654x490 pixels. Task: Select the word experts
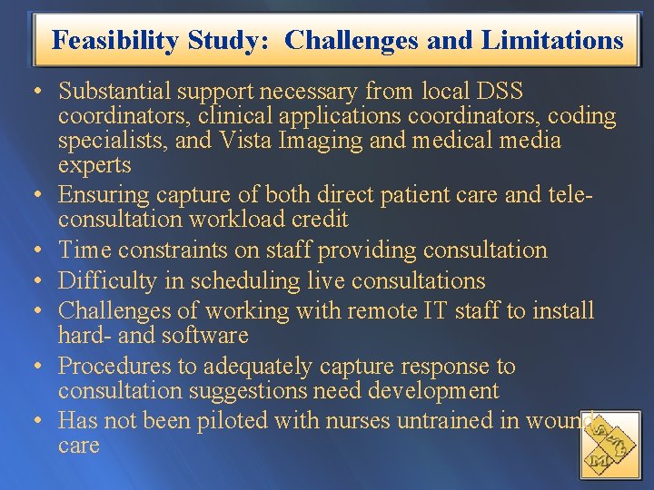pyautogui.click(x=94, y=165)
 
